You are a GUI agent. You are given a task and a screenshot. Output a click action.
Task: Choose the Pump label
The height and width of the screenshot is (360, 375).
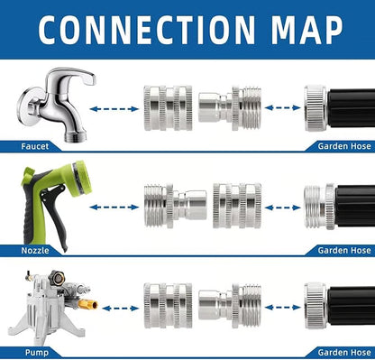pos(32,351)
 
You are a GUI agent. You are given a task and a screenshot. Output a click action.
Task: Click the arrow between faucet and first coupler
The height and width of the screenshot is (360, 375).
pos(114,108)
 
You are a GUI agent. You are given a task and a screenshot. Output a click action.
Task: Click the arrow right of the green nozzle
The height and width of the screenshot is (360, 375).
pos(114,205)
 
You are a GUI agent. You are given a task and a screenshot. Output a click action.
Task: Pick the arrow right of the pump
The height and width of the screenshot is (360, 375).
pos(114,307)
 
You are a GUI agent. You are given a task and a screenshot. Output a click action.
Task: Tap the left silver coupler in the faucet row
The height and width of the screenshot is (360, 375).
pos(168,108)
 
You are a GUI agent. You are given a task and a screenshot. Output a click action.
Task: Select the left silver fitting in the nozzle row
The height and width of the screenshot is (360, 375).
pos(168,205)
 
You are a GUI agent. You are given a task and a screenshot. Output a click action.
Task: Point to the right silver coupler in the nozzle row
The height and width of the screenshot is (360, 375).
pos(237,205)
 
